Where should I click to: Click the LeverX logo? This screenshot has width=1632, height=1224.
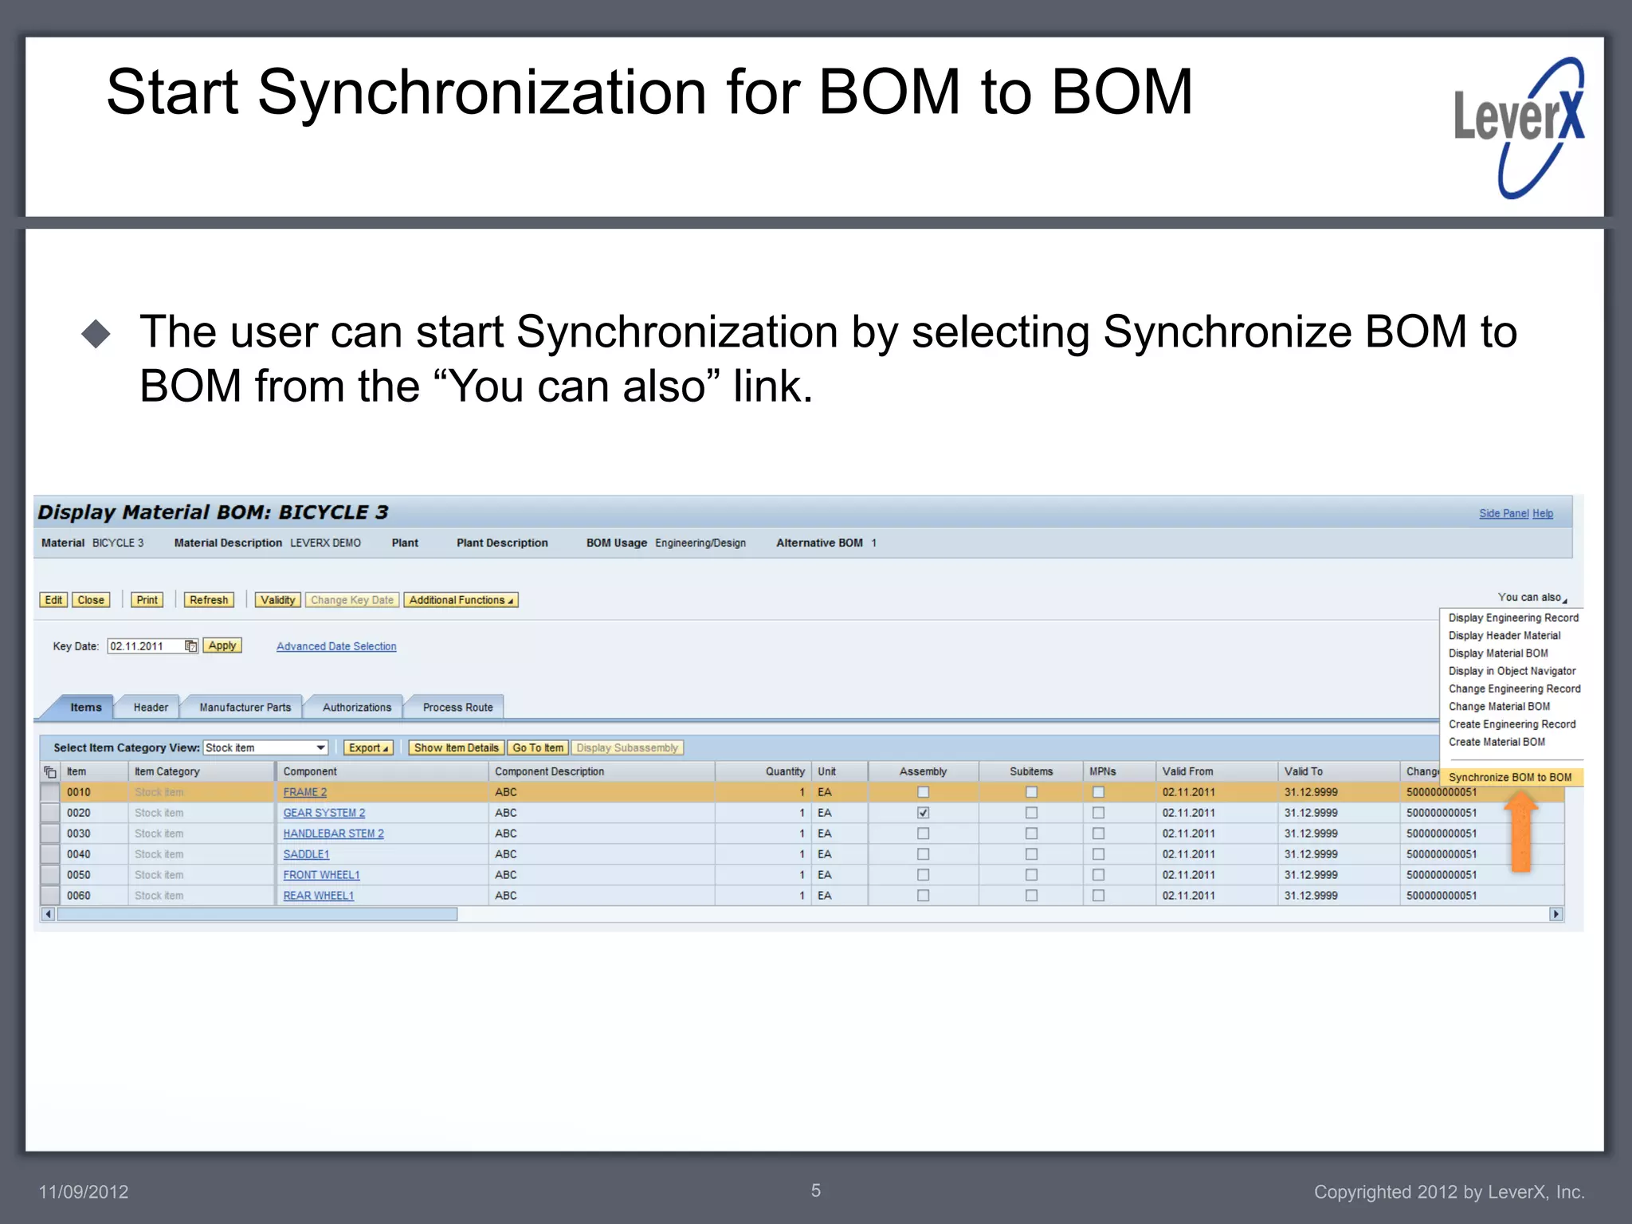coord(1519,127)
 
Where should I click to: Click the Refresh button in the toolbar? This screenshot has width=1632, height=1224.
coord(209,600)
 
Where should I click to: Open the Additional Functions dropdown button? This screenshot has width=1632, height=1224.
coord(461,600)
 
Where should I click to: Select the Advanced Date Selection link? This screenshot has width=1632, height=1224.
coord(336,646)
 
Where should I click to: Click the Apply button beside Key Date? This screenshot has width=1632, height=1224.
coord(222,645)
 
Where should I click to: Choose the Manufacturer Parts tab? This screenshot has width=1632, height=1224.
coord(245,708)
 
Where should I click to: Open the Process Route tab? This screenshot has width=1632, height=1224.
coord(457,708)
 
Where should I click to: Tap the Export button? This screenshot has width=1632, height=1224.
coord(368,747)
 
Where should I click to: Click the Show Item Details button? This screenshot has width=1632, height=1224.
coord(456,747)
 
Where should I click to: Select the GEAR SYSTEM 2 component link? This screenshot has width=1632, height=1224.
coord(324,813)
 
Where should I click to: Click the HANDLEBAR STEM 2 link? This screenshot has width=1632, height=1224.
coord(333,834)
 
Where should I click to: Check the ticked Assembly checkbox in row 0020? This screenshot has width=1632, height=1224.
coord(923,813)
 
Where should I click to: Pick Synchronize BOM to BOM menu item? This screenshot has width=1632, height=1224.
coord(1509,777)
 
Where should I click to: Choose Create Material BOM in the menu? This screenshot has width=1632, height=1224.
coord(1497,742)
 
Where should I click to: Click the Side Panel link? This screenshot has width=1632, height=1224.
coord(1504,513)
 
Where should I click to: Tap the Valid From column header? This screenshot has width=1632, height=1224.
coord(1187,771)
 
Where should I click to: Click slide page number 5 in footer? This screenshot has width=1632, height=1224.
coord(816,1191)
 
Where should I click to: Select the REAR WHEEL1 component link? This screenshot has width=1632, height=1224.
coord(318,896)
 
